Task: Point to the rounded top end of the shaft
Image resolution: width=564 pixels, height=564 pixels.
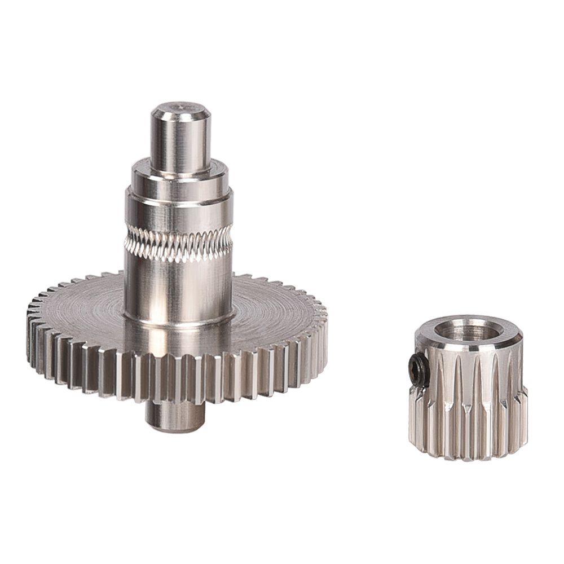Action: pyautogui.click(x=180, y=109)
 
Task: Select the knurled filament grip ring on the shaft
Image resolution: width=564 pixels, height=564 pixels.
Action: pyautogui.click(x=178, y=243)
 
